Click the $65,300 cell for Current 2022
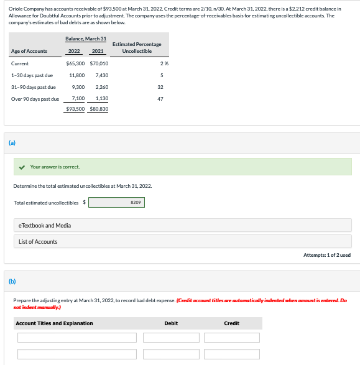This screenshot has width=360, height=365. click(x=75, y=63)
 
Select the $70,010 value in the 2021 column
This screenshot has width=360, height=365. click(x=99, y=63)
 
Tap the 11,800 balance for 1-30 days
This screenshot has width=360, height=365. click(x=77, y=75)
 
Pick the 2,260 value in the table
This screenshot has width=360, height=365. click(x=103, y=87)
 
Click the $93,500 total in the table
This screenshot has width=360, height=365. click(x=75, y=109)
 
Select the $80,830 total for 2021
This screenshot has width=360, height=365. click(x=99, y=109)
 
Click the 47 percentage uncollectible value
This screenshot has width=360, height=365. click(x=160, y=98)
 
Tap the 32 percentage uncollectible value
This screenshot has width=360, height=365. click(x=160, y=87)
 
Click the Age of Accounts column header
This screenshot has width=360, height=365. click(x=29, y=51)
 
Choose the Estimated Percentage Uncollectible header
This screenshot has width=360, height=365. click(x=137, y=47)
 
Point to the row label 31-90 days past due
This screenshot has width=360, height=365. click(x=34, y=87)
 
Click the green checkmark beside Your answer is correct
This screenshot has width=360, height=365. click(x=22, y=167)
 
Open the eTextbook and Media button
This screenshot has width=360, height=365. click(x=182, y=225)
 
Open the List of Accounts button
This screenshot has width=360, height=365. click(x=182, y=241)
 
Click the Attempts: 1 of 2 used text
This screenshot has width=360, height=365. click(x=327, y=255)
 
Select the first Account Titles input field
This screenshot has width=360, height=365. click(x=76, y=338)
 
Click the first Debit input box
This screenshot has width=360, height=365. click(x=171, y=338)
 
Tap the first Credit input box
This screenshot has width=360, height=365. click(x=232, y=338)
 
